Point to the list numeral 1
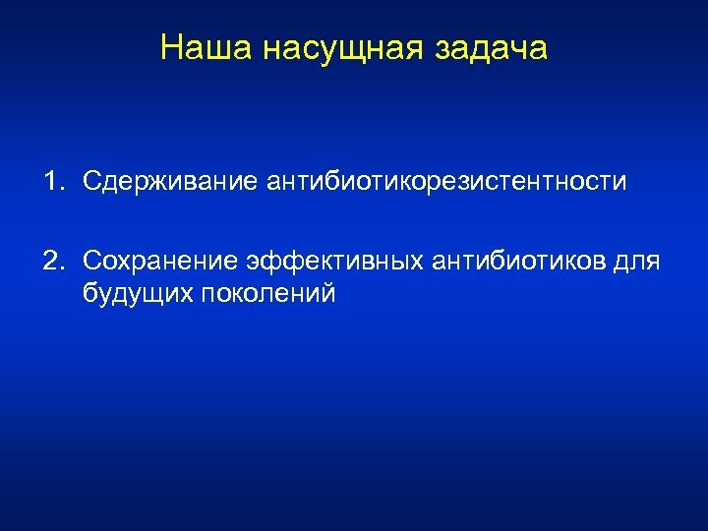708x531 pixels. click(x=48, y=181)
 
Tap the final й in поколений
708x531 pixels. click(x=328, y=293)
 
